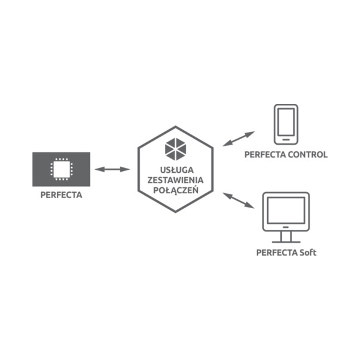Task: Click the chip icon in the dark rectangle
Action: pos(62,169)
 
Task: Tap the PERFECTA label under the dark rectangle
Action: pos(61,195)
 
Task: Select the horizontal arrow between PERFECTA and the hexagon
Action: pos(112,169)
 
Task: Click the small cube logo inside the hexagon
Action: pos(175,149)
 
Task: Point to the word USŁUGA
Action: pos(177,170)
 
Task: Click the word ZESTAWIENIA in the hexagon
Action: pos(175,180)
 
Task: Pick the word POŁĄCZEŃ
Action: pos(176,190)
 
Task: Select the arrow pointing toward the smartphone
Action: pos(239,139)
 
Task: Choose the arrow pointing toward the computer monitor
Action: pos(239,200)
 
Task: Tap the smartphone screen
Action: pos(286,122)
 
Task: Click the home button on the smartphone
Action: pos(286,140)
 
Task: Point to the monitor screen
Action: pos(286,211)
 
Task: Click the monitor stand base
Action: pos(286,242)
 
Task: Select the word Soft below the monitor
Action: pos(308,253)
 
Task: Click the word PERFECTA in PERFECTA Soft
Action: pos(277,253)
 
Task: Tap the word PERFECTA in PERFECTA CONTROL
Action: pos(265,155)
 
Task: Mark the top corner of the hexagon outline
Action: pos(176,127)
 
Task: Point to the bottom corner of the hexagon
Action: pos(176,212)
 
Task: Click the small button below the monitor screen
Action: pos(286,227)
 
